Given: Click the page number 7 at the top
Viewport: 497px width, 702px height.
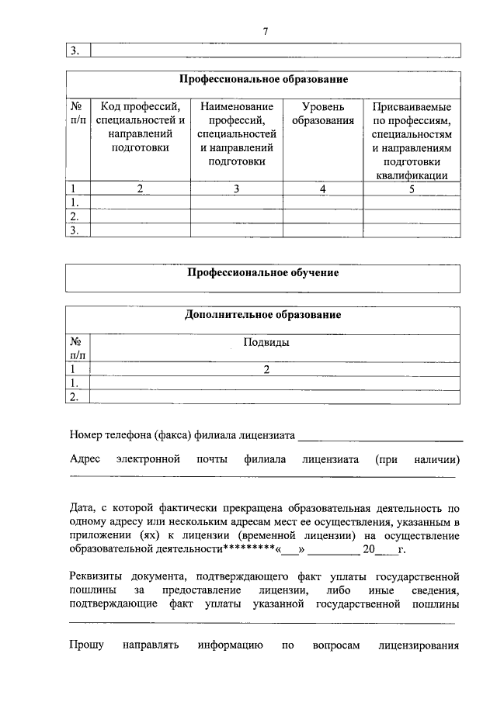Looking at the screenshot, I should click(265, 32).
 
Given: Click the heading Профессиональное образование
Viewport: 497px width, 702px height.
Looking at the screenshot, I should click(264, 79).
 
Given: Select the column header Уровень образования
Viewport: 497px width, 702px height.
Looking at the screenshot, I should click(323, 113).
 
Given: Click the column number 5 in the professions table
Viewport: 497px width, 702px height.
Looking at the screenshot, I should click(412, 188).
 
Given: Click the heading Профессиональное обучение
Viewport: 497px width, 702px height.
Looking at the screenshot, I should click(264, 273).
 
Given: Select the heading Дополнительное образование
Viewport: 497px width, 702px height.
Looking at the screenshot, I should click(263, 315).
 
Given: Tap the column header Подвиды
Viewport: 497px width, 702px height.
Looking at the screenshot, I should click(266, 341).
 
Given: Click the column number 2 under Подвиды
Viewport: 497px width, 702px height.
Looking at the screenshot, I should click(266, 370).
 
